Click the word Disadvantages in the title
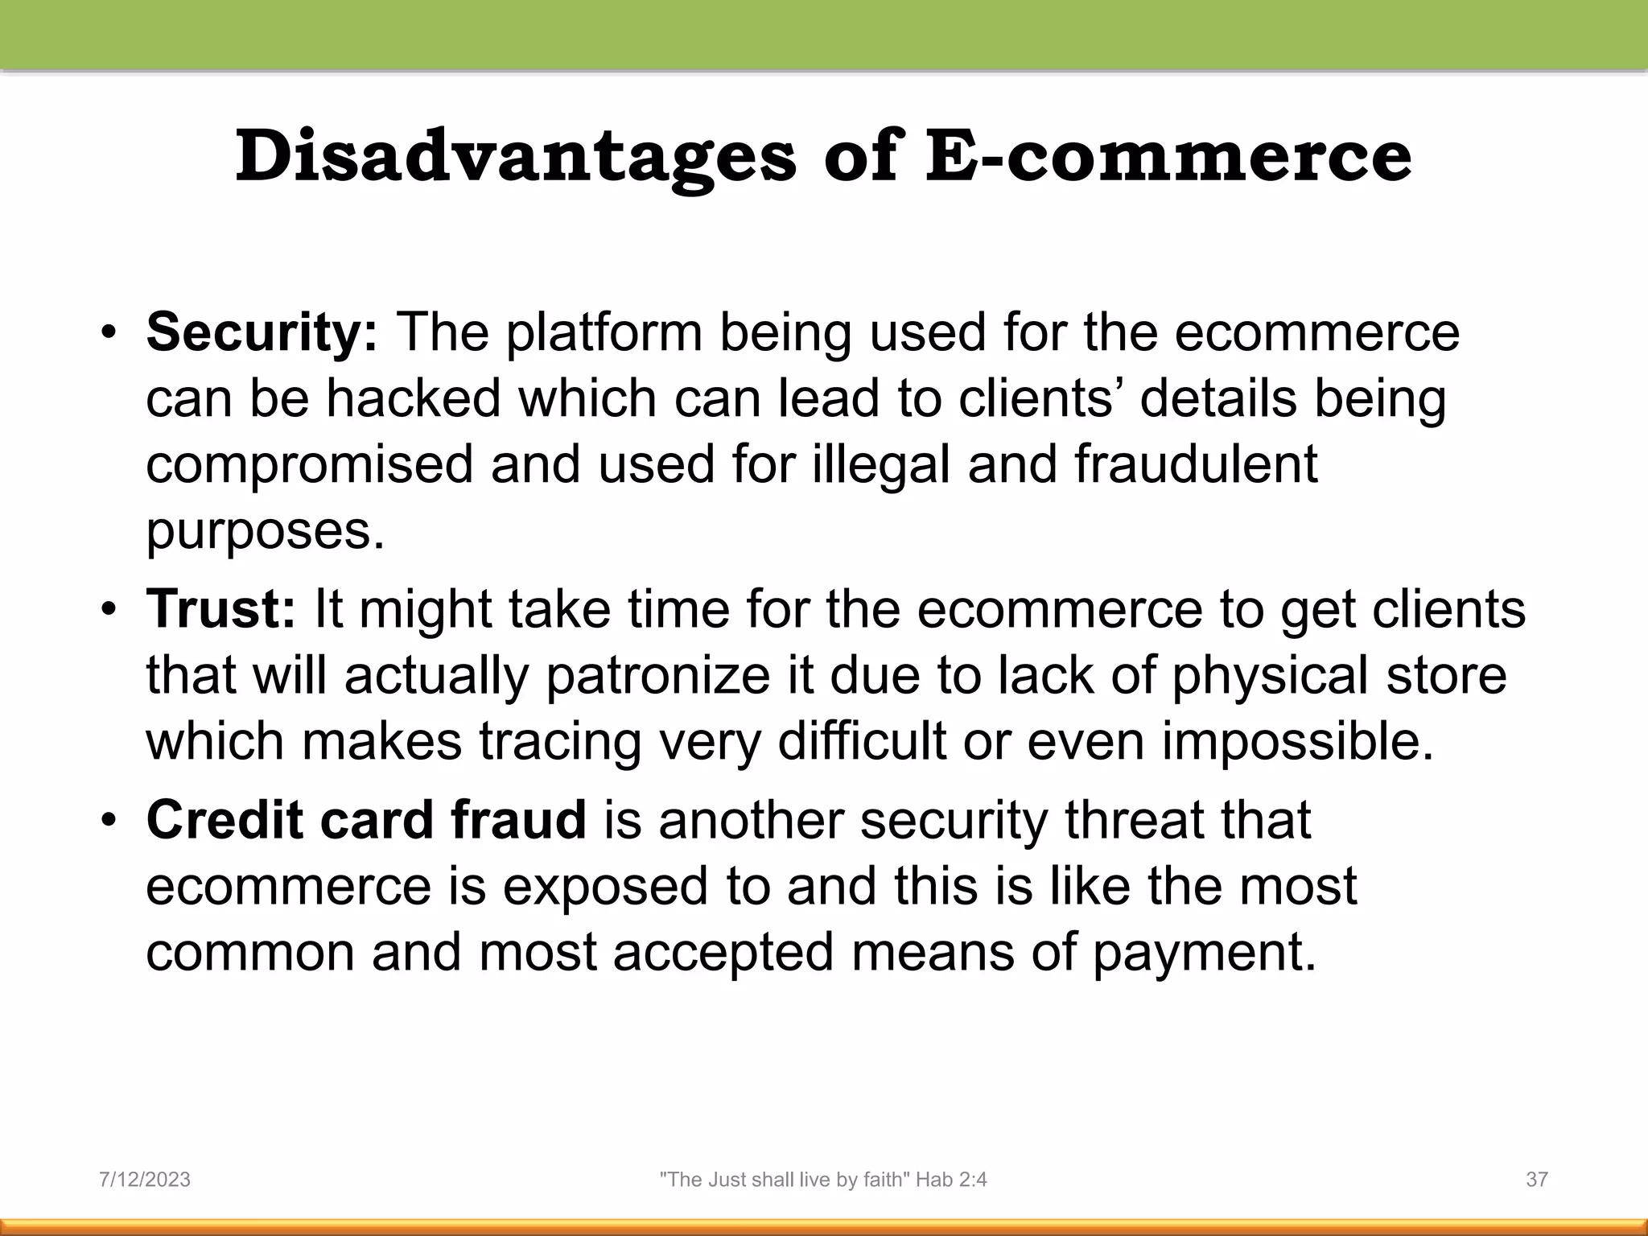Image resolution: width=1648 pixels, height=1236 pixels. (515, 157)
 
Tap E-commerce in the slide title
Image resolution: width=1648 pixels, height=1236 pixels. (1168, 157)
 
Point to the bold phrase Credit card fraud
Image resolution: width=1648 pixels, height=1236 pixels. (366, 820)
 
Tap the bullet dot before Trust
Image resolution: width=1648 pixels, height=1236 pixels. (109, 610)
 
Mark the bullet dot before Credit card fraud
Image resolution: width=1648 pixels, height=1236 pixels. (109, 822)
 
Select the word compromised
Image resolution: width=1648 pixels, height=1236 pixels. (309, 466)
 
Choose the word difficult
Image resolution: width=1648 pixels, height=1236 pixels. (861, 741)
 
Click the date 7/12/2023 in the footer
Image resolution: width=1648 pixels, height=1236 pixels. (145, 1180)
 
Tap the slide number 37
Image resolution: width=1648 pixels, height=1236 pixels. (1537, 1180)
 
